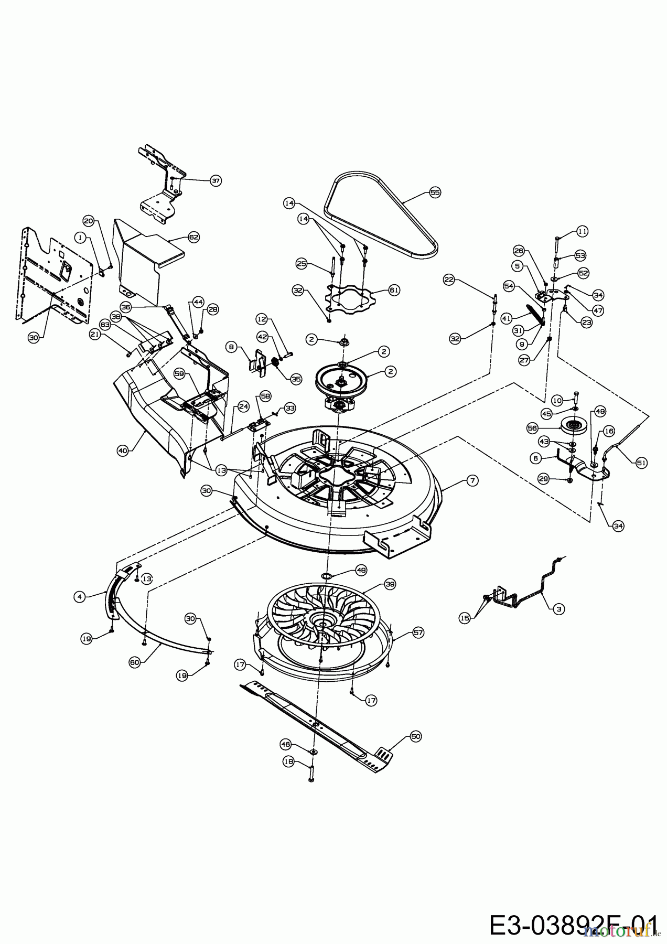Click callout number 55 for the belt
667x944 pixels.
[x=435, y=192]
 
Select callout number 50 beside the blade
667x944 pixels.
[x=415, y=737]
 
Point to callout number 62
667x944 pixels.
[x=193, y=237]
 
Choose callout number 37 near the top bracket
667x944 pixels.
[x=216, y=180]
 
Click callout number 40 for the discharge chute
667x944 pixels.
[x=123, y=449]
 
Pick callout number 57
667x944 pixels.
[x=418, y=633]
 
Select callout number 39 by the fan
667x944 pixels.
[x=389, y=584]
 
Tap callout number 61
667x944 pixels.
[x=394, y=289]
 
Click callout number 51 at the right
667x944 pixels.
[x=641, y=463]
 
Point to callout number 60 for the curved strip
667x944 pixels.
[x=134, y=663]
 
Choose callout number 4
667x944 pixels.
[x=79, y=596]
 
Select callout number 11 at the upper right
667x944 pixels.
[x=582, y=231]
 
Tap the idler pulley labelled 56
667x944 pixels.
[x=573, y=425]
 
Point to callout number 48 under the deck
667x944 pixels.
[x=361, y=570]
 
